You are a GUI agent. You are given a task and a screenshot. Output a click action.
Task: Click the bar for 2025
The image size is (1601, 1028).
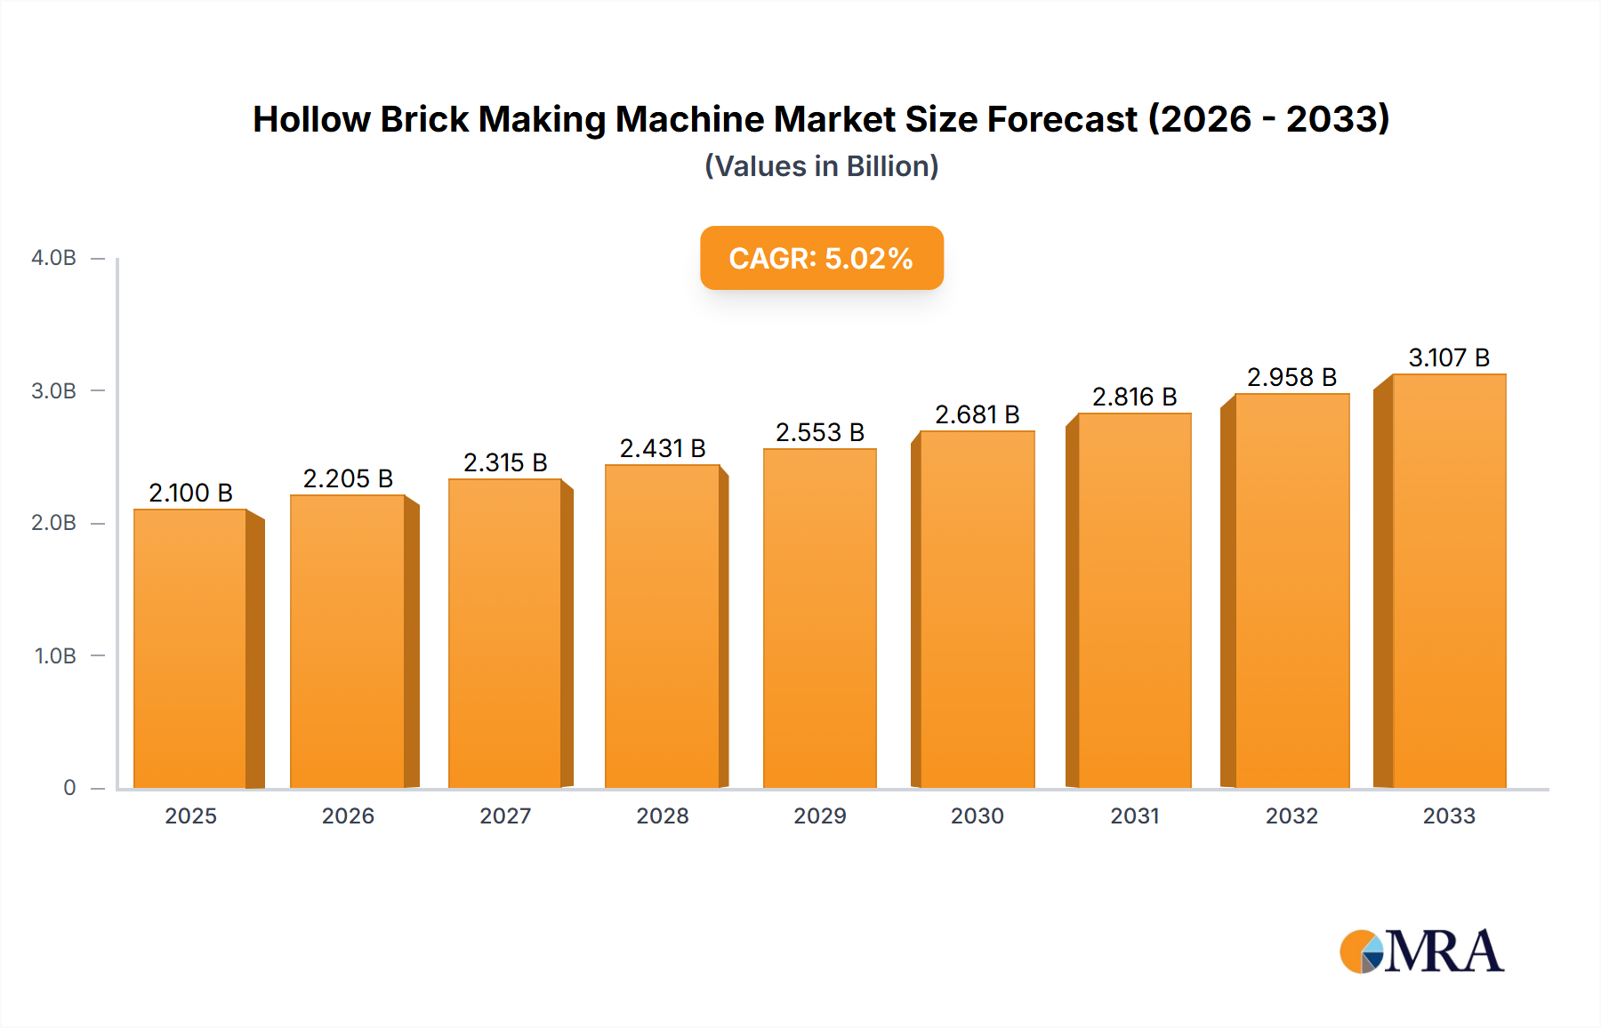tap(190, 648)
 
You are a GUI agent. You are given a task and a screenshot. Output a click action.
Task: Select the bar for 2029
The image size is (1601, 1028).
tap(819, 618)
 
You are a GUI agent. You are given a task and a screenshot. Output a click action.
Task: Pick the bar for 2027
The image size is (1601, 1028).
tap(505, 633)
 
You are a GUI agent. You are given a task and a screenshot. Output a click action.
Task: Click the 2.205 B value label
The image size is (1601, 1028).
tap(348, 478)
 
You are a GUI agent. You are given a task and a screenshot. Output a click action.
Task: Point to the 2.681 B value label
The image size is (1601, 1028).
tap(977, 414)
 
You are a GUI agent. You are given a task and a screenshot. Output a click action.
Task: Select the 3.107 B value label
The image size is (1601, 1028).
tap(1448, 357)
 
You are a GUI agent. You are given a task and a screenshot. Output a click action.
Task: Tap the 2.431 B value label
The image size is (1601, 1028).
tap(663, 448)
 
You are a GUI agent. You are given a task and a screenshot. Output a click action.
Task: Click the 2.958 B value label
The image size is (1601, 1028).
tap(1291, 377)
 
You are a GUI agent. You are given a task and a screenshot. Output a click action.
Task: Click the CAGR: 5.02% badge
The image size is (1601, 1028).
tap(821, 258)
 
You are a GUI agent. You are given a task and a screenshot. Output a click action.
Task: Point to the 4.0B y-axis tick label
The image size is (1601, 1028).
tap(53, 258)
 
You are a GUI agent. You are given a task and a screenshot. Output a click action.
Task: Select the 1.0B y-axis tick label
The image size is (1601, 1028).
tap(55, 655)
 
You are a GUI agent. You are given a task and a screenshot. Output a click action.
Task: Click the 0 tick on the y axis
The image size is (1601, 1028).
tap(69, 787)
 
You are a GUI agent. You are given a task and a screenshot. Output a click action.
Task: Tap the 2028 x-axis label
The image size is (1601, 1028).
tap(663, 815)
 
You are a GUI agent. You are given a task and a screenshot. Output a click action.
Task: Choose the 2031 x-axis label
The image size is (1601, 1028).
tap(1134, 815)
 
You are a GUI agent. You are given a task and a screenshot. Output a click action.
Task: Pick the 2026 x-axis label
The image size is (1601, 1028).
tap(348, 815)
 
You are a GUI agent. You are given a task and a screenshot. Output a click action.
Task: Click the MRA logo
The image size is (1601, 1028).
tap(1420, 952)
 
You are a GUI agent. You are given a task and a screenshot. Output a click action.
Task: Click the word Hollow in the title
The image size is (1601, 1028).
tap(310, 119)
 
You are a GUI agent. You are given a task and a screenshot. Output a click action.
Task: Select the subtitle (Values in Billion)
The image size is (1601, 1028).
tap(821, 166)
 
